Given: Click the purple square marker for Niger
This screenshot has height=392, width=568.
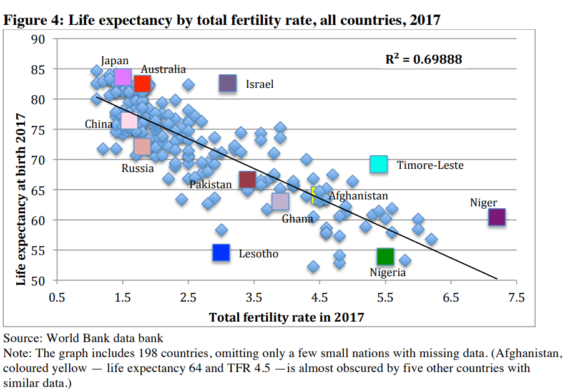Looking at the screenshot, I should click(496, 217).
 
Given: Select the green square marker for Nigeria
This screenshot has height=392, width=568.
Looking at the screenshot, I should click(385, 256).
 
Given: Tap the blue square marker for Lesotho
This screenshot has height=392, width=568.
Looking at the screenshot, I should click(221, 252).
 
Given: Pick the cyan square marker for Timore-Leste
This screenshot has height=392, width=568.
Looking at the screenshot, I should click(379, 165).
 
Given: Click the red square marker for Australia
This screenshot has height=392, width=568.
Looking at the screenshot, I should click(142, 84).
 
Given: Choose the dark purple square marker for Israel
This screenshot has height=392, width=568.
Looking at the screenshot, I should click(228, 83).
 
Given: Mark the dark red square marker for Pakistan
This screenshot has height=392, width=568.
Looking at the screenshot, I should click(247, 179).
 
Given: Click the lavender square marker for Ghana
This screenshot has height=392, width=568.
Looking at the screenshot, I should click(280, 201).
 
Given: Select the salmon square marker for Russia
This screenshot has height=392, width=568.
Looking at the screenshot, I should click(142, 146).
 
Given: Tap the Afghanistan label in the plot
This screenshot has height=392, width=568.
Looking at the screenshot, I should click(358, 196).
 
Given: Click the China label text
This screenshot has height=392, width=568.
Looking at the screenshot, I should click(99, 124).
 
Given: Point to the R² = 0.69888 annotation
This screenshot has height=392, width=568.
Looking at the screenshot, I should click(424, 60).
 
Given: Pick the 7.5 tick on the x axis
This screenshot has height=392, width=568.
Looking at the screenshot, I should click(516, 297).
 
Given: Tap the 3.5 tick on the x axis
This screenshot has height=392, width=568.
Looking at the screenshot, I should click(254, 297).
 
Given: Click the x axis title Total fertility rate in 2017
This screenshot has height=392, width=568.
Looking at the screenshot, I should click(286, 317).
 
